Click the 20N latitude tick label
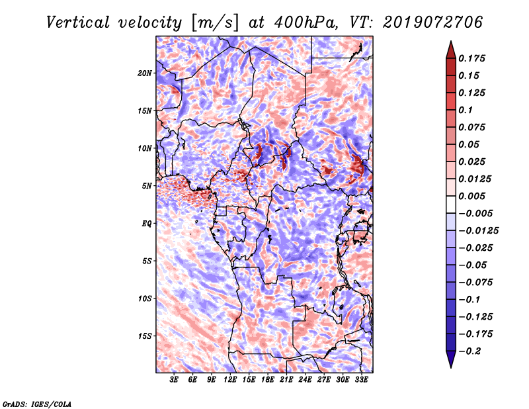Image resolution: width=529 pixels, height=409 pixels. [145, 73]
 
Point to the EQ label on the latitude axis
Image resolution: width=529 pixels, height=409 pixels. [146, 223]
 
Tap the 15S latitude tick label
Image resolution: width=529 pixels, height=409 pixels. [145, 336]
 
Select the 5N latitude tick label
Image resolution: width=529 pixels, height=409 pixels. [147, 186]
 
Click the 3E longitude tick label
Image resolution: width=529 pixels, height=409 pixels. [175, 381]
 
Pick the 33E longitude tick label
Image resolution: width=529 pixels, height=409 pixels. [361, 381]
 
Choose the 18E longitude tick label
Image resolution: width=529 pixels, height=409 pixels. [268, 381]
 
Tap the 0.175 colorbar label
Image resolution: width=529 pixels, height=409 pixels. [473, 58]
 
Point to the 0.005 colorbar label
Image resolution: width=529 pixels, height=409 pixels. [473, 196]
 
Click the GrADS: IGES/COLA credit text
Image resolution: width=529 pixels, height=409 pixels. [37, 403]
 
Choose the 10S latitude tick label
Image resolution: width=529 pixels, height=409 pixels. [145, 298]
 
